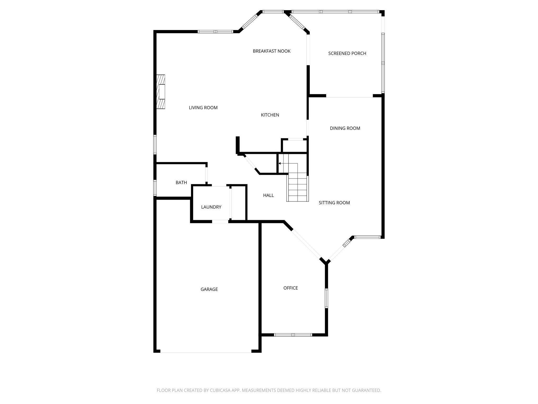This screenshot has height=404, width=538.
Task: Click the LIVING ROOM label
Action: point(203,108)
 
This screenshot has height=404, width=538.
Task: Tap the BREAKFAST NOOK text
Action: point(271,51)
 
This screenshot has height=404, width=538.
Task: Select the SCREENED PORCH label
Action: point(347,53)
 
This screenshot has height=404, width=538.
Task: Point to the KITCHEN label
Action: point(270,115)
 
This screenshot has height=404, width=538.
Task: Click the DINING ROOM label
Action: point(345,128)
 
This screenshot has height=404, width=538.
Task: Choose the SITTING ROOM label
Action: point(334,203)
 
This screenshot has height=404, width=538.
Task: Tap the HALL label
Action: point(268,195)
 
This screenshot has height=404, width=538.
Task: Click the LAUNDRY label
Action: point(211,207)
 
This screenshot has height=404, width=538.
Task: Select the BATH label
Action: point(181,183)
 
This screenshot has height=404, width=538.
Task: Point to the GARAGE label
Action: point(209,289)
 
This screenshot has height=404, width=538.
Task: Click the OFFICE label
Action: point(290,288)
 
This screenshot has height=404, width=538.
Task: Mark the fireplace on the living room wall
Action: point(161,92)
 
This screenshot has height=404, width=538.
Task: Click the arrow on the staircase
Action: point(280,163)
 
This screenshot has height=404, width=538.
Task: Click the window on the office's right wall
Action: point(326,298)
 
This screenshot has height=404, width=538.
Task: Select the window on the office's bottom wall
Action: point(293,335)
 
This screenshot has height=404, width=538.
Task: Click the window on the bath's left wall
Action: point(155,188)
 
